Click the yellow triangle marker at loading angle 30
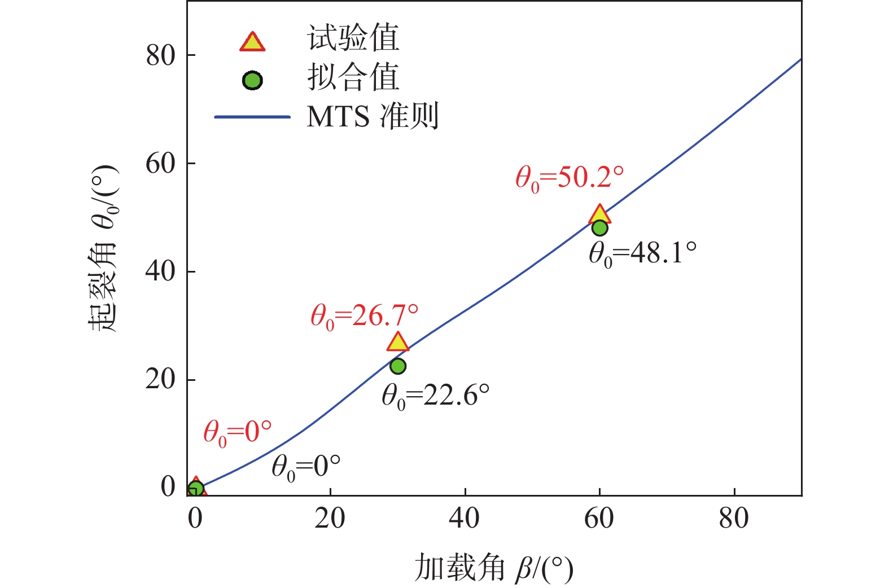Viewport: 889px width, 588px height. click(x=398, y=343)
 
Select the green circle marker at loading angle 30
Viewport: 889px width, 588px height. click(x=398, y=366)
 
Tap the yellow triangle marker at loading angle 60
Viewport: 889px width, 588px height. click(x=599, y=215)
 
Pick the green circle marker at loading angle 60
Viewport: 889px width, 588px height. click(x=599, y=228)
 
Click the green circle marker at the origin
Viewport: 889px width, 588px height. click(x=195, y=489)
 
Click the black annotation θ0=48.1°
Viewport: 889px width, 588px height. click(x=642, y=254)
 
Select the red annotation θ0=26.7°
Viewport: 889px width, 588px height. click(x=365, y=316)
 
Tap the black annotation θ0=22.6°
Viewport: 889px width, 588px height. click(x=435, y=396)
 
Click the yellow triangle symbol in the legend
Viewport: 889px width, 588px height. click(x=252, y=42)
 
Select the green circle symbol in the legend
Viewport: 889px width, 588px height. click(x=252, y=81)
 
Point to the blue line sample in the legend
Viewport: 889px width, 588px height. click(x=252, y=117)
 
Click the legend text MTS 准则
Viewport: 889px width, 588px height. click(x=372, y=117)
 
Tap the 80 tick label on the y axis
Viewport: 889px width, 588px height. click(x=161, y=55)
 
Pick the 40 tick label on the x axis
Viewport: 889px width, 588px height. click(x=464, y=518)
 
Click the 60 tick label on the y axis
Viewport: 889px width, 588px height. click(x=161, y=164)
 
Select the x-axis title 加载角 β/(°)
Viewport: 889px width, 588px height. click(x=493, y=568)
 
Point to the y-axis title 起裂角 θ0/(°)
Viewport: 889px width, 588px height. click(x=103, y=248)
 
